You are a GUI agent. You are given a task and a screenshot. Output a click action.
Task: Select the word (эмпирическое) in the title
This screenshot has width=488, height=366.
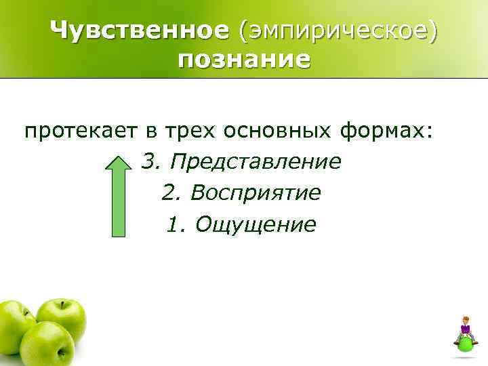click(x=336, y=30)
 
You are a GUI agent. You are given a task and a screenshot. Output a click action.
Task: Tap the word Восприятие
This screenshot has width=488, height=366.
click(x=256, y=194)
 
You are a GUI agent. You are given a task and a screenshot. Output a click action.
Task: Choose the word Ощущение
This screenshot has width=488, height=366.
click(x=255, y=224)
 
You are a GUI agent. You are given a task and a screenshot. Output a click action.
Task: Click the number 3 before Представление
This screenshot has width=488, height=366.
click(x=149, y=162)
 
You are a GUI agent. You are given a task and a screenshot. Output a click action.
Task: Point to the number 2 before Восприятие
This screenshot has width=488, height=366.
click(x=169, y=194)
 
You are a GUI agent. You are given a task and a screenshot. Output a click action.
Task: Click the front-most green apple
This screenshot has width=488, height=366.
click(x=46, y=344)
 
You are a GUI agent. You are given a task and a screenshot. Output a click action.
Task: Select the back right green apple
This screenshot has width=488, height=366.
click(x=62, y=317)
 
